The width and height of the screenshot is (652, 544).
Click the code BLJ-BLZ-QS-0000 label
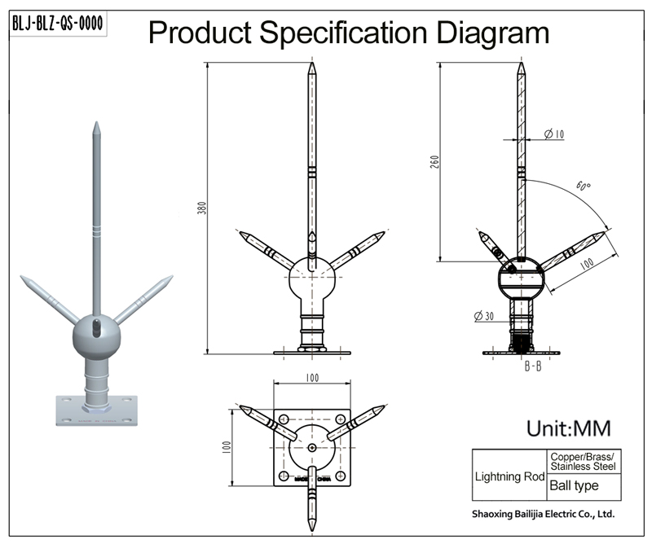(x=57, y=24)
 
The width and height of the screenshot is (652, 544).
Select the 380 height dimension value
(x=201, y=208)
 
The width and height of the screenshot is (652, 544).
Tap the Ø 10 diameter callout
(x=553, y=134)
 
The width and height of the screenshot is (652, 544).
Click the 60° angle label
(x=582, y=185)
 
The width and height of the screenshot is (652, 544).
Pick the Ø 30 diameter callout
(x=484, y=316)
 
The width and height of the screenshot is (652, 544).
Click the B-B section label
(x=533, y=366)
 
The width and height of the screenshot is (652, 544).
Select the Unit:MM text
(x=568, y=428)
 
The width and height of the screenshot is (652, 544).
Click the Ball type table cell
(x=574, y=486)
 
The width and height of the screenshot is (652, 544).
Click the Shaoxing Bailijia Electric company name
(x=543, y=515)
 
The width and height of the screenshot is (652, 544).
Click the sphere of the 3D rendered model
(x=95, y=336)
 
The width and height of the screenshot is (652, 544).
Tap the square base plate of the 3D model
(x=96, y=409)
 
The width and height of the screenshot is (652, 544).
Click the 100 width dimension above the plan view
(x=313, y=379)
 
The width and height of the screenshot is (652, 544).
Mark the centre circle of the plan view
(x=313, y=447)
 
